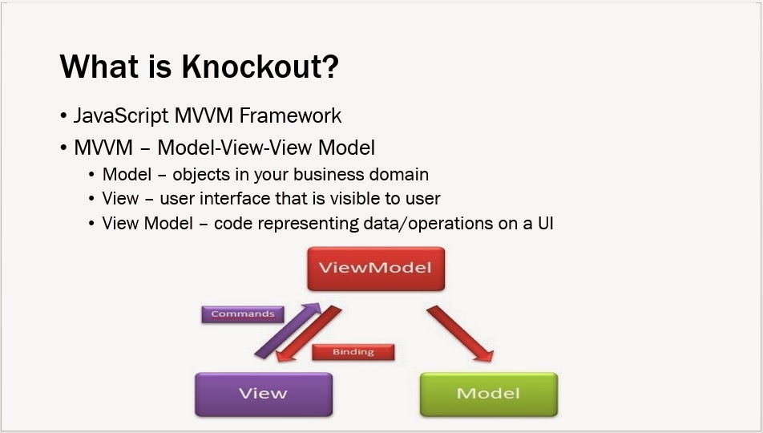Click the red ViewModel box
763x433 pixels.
pos(375,269)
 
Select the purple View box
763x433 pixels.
pos(263,394)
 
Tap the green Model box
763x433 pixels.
pos(487,394)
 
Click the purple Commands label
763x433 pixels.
pos(242,314)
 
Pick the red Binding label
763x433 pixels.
pos(353,351)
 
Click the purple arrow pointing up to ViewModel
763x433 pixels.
pos(285,330)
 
